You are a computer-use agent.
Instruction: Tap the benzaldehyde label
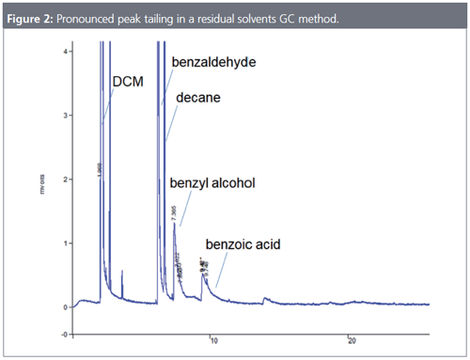click(214, 61)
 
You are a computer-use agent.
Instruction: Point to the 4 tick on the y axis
click(61, 51)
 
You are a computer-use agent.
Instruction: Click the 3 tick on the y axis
click(61, 115)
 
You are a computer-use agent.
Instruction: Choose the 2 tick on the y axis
click(61, 179)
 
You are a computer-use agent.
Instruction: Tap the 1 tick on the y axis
click(61, 243)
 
